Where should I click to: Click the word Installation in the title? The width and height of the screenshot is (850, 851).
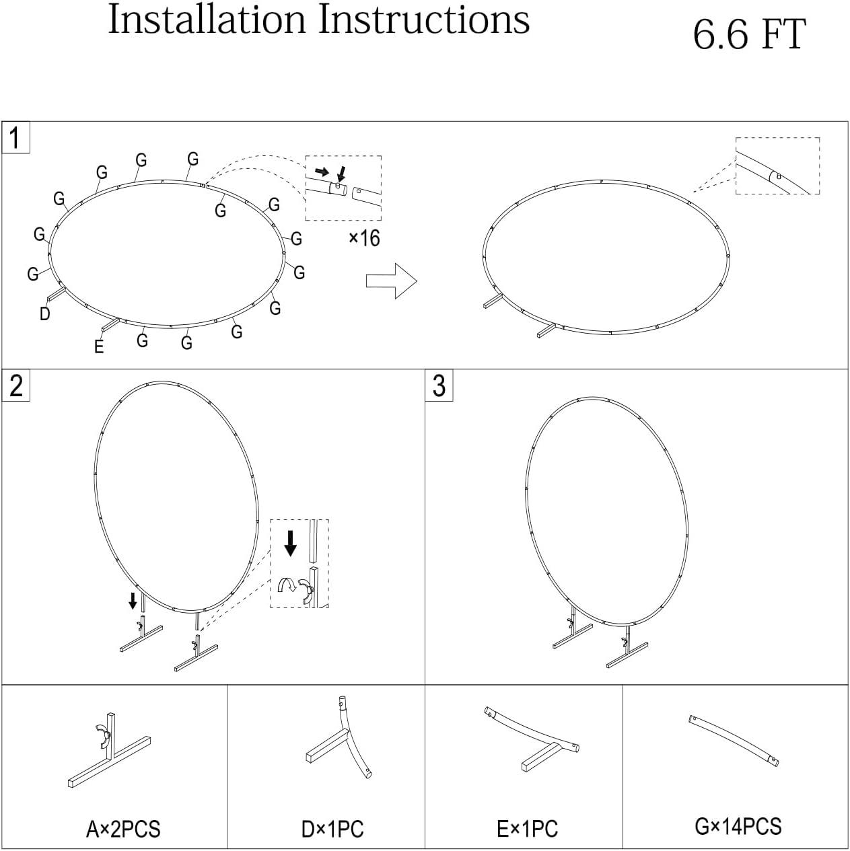(207, 20)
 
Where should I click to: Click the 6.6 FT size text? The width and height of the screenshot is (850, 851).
(749, 34)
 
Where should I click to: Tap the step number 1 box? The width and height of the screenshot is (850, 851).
(16, 137)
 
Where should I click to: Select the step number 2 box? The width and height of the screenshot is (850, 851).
(16, 385)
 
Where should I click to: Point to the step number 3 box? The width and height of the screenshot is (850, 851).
(439, 385)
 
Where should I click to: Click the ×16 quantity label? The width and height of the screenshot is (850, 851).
(365, 238)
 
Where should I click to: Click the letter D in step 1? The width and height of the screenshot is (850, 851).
(44, 314)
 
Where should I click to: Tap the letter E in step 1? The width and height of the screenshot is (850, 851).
(99, 346)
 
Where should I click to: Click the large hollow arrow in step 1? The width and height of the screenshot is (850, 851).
(392, 281)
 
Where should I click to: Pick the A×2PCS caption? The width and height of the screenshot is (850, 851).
(123, 829)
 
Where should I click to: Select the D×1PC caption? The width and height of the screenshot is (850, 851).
(332, 829)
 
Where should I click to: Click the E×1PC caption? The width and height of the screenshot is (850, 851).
(528, 829)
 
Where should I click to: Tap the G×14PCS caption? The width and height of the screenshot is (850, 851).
(738, 827)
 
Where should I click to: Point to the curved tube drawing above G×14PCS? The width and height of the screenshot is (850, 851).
(734, 741)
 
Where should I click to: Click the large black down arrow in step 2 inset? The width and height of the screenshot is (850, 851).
(291, 544)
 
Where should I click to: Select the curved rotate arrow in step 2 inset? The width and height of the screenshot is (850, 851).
(287, 585)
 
